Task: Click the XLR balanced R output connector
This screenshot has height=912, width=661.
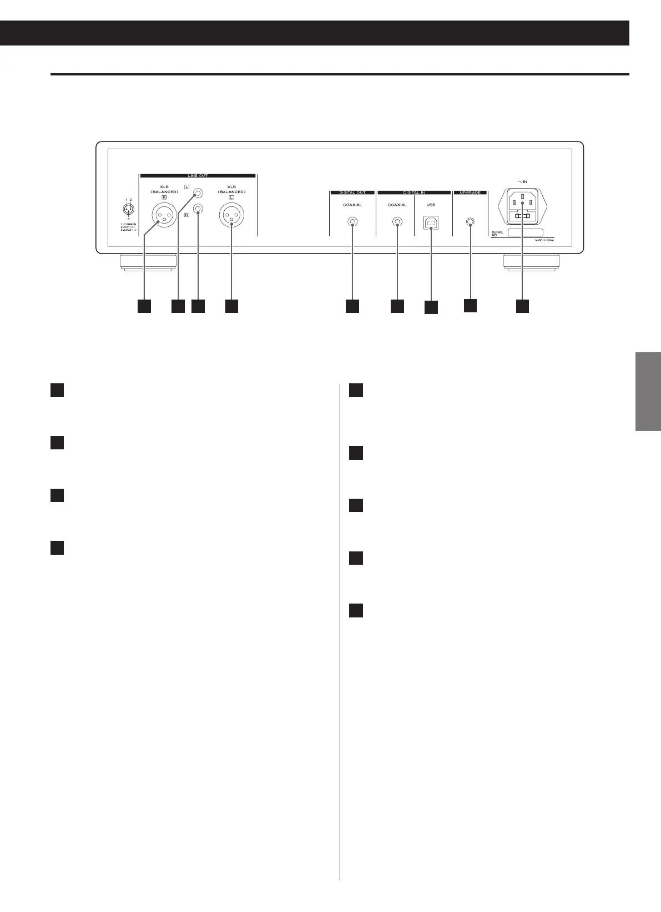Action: [164, 215]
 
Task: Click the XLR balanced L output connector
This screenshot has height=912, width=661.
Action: [231, 215]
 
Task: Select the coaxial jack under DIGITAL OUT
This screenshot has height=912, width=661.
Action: [352, 222]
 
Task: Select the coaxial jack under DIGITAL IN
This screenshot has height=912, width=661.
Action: [397, 222]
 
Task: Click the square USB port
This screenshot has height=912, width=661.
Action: [431, 222]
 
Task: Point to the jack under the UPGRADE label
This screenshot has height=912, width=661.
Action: [470, 222]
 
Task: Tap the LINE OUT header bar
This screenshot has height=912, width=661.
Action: [197, 176]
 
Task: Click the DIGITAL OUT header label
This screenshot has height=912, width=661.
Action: [352, 192]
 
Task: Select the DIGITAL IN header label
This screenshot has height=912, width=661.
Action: [414, 192]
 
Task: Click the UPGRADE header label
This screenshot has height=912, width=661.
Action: [470, 192]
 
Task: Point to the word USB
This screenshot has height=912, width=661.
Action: [431, 205]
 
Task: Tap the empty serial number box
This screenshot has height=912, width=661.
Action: [525, 234]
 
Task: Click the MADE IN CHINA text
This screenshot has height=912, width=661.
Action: [544, 240]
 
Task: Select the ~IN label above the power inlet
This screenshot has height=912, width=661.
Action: [522, 182]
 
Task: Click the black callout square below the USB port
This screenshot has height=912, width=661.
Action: [431, 307]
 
